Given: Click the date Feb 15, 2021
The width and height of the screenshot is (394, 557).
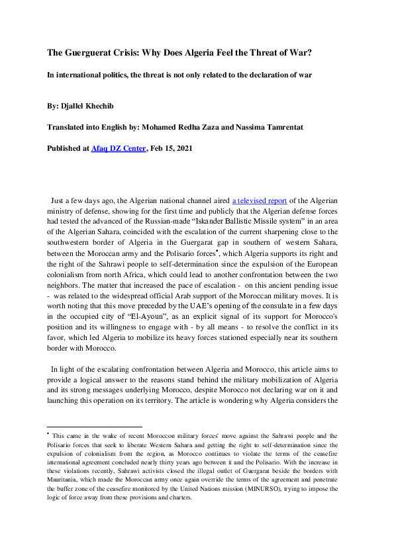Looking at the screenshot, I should click(171, 149).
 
